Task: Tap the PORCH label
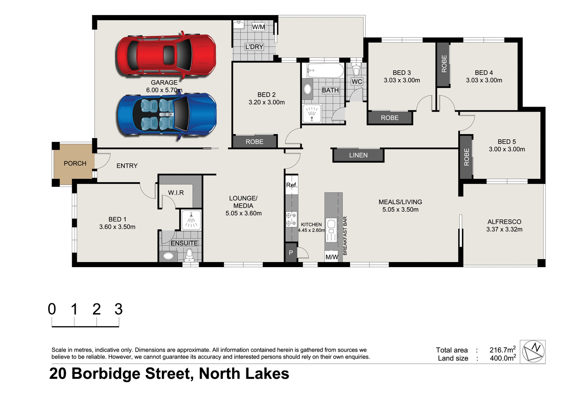tap(75, 164)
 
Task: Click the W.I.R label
tap(176, 193)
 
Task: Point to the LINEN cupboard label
tap(358, 155)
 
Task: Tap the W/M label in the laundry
tap(258, 27)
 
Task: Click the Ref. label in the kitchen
tap(291, 185)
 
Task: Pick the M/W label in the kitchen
tap(332, 257)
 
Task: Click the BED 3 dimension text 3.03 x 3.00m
tap(402, 80)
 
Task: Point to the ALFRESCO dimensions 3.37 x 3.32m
tap(504, 230)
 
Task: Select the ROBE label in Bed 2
tap(255, 142)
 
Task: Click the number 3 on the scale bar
tap(118, 309)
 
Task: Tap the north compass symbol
tap(533, 352)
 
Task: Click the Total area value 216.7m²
tap(502, 350)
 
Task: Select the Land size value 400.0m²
tap(502, 358)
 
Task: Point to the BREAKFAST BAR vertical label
tap(345, 236)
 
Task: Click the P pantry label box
tap(291, 253)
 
